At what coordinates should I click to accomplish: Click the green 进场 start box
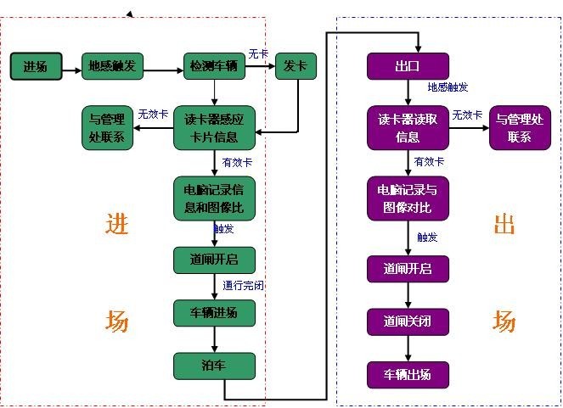point(36,67)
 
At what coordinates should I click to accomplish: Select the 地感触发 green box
point(113,66)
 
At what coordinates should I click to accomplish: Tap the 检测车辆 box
point(214,66)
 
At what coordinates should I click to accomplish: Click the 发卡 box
point(296,66)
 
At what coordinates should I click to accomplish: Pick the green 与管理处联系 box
point(107,128)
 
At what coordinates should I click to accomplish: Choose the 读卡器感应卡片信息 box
point(215,128)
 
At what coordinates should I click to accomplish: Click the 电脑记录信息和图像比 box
point(214,198)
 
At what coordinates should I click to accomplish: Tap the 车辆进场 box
point(214,312)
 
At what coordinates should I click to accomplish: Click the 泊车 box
point(214,366)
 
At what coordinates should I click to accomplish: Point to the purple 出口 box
point(408,66)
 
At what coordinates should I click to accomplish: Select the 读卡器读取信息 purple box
point(408,128)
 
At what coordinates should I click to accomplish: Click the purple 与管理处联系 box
point(520,128)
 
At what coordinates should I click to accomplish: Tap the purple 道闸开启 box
point(408,269)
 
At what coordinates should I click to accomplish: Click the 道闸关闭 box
point(408,321)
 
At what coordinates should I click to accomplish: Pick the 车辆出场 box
point(408,373)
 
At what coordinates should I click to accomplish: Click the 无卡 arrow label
point(258,54)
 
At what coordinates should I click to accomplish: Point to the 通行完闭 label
point(243,285)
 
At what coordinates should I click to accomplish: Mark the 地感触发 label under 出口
point(448,87)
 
